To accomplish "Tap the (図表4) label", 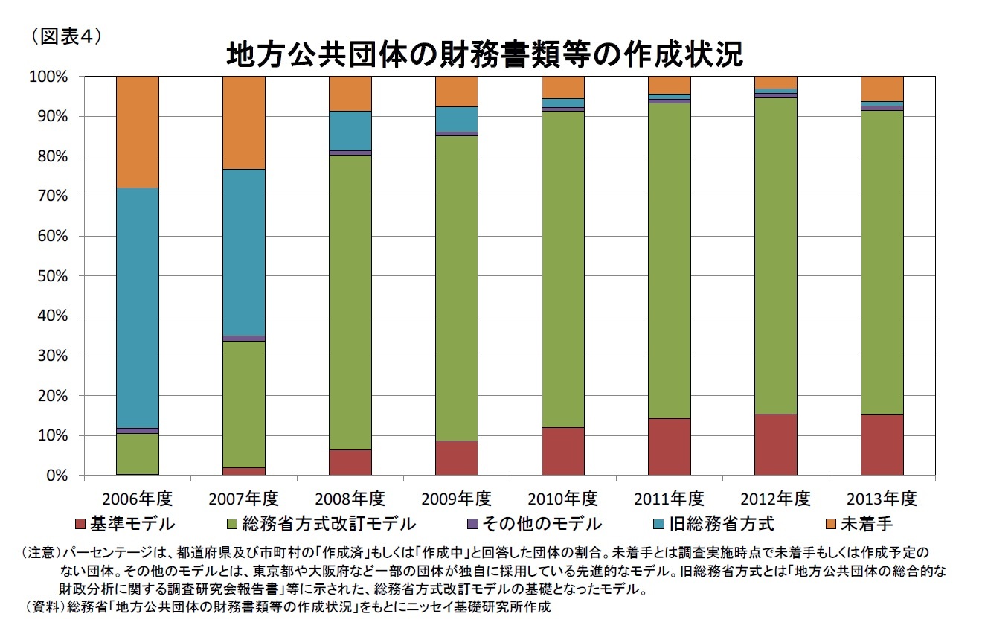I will (65, 35).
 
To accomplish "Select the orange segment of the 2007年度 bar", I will (244, 123).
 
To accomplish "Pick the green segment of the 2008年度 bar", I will (350, 301).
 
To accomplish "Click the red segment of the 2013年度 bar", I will (882, 444).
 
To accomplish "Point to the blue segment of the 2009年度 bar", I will (457, 119).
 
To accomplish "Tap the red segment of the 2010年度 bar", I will (563, 451).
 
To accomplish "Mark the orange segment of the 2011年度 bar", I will (670, 85).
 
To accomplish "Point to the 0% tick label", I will (57, 476).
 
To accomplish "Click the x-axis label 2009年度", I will (456, 498).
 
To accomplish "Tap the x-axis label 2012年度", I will (775, 498).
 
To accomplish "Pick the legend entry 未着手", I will (867, 524).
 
